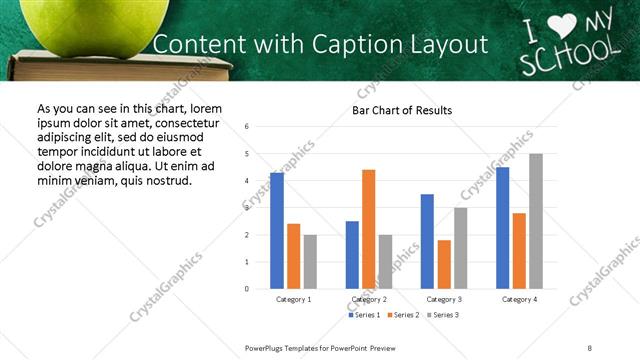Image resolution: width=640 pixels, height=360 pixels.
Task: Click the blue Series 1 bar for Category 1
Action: (x=277, y=231)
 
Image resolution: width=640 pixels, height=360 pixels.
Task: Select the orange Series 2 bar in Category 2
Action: (x=368, y=229)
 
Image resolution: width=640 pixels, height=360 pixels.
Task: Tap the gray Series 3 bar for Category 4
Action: (x=536, y=221)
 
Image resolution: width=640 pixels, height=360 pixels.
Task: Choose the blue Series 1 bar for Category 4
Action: (x=502, y=228)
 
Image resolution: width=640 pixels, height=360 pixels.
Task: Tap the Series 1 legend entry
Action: (x=365, y=315)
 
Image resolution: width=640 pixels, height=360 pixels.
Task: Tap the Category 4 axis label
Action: (x=519, y=299)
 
